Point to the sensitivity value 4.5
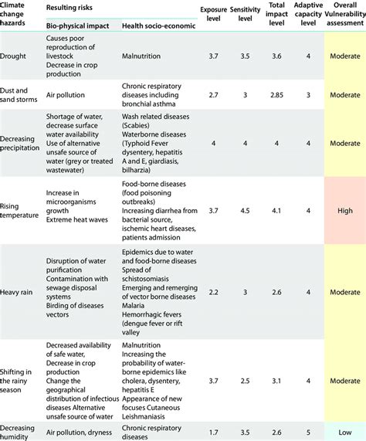(x=244, y=211)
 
